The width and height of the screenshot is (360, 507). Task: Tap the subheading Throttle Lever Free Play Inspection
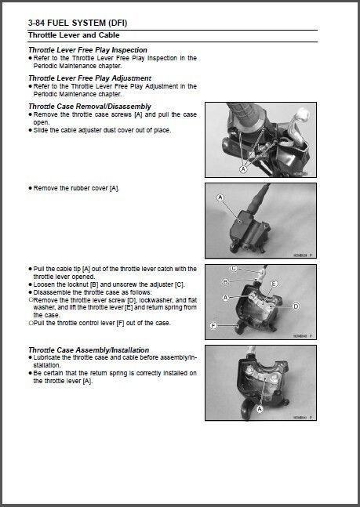click(x=88, y=50)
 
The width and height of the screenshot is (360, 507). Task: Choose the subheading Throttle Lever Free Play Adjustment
click(x=89, y=78)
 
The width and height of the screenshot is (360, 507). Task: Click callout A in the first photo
click(x=242, y=168)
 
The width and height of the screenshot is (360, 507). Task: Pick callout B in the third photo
click(x=225, y=281)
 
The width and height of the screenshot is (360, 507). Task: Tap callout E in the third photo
click(x=274, y=282)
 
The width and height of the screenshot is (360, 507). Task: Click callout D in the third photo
click(x=296, y=306)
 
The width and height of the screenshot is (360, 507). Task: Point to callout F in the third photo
click(x=213, y=324)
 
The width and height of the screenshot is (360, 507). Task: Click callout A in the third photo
click(x=225, y=299)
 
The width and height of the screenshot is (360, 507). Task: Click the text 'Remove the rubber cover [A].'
click(x=77, y=189)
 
